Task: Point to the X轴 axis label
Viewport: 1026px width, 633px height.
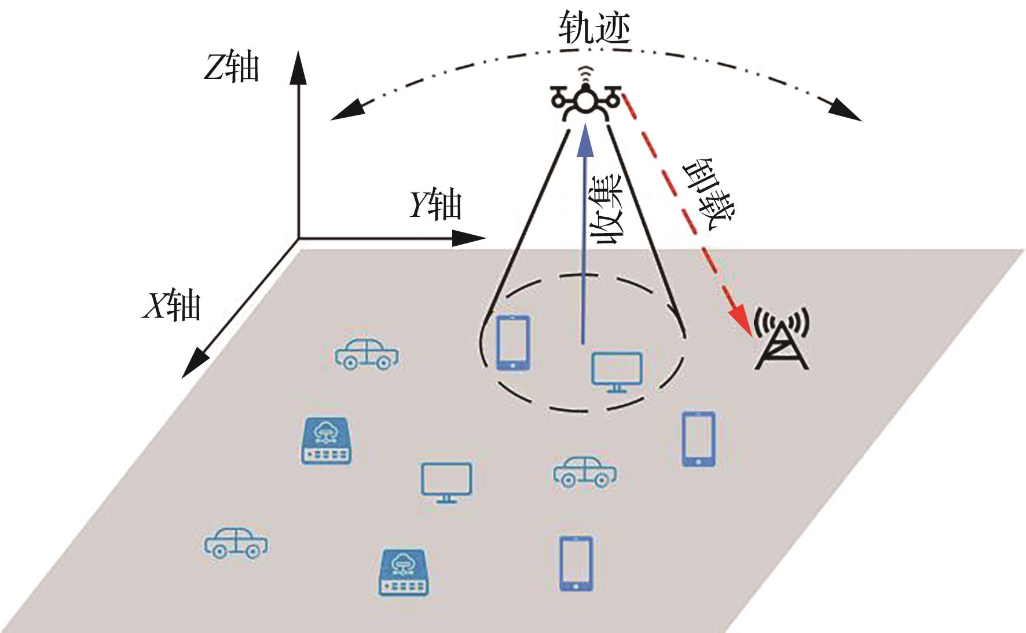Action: pyautogui.click(x=172, y=305)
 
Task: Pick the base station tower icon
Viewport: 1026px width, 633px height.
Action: pyautogui.click(x=782, y=342)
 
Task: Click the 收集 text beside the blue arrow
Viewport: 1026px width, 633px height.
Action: pyautogui.click(x=606, y=209)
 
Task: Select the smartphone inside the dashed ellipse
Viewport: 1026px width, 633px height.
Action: pyautogui.click(x=514, y=343)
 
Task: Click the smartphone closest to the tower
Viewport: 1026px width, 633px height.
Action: pyautogui.click(x=698, y=439)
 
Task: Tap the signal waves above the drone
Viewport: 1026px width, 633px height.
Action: pyautogui.click(x=586, y=73)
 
